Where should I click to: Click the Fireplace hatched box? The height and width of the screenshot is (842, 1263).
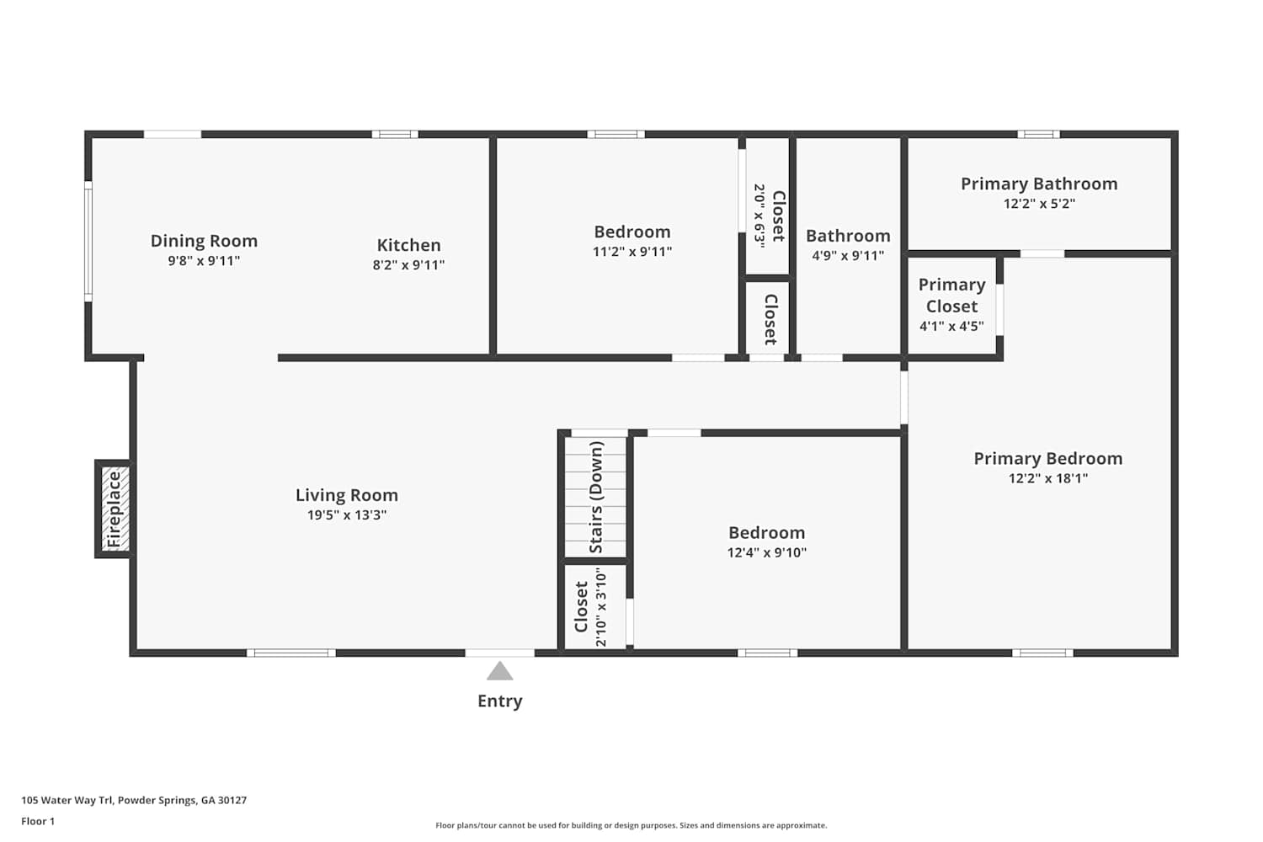pyautogui.click(x=115, y=509)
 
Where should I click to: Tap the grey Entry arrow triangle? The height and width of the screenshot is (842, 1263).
pyautogui.click(x=499, y=671)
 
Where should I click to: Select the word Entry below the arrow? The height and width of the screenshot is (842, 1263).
pyautogui.click(x=499, y=701)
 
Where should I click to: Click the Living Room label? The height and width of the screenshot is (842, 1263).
pyautogui.click(x=347, y=495)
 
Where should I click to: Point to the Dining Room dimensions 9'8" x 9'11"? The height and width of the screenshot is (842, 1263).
pyautogui.click(x=204, y=260)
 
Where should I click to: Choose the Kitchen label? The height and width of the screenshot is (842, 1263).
pyautogui.click(x=408, y=245)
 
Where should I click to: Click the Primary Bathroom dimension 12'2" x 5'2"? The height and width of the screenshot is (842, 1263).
pyautogui.click(x=1039, y=204)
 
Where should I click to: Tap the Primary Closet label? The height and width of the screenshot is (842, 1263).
pyautogui.click(x=951, y=296)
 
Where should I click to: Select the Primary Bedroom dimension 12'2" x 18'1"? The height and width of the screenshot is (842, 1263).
pyautogui.click(x=1048, y=478)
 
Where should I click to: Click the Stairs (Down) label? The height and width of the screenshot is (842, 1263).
pyautogui.click(x=596, y=497)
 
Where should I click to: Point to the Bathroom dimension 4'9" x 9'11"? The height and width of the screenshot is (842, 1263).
pyautogui.click(x=848, y=255)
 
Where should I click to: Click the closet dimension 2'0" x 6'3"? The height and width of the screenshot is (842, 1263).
pyautogui.click(x=759, y=216)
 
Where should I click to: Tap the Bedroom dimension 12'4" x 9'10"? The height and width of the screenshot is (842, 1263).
pyautogui.click(x=767, y=552)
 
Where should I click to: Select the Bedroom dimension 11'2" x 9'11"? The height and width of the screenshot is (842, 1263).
pyautogui.click(x=632, y=252)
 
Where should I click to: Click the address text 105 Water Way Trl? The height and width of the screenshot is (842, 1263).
pyautogui.click(x=67, y=800)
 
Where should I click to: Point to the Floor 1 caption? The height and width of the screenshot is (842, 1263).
pyautogui.click(x=38, y=821)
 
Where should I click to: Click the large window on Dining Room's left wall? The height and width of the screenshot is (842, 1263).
pyautogui.click(x=88, y=242)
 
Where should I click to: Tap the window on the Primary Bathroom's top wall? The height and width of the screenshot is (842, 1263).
pyautogui.click(x=1038, y=134)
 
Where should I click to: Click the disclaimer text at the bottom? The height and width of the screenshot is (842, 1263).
pyautogui.click(x=631, y=825)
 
